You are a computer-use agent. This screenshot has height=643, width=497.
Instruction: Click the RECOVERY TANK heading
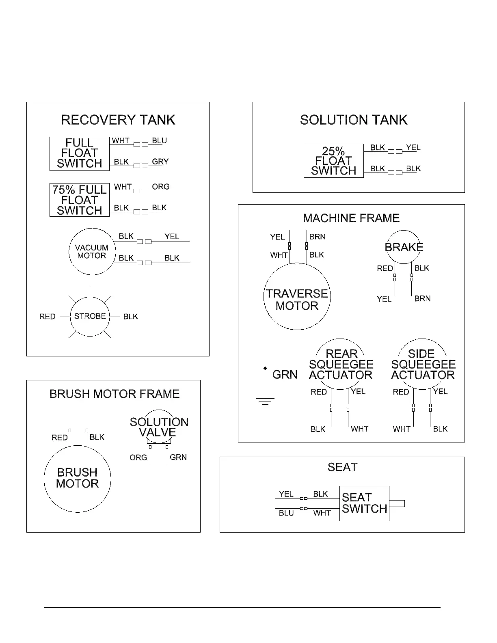[x=118, y=120]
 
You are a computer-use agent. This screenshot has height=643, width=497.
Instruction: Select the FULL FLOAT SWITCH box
[x=80, y=153]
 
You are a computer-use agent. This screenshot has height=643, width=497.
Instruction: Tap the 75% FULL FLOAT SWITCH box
[x=80, y=200]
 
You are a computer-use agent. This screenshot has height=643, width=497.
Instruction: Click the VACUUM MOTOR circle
[x=92, y=252]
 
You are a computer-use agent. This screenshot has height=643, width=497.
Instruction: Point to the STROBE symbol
[x=90, y=316]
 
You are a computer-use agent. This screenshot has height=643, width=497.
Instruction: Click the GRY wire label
[x=160, y=162]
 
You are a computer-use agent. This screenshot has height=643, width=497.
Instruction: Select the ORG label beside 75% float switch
[x=160, y=187]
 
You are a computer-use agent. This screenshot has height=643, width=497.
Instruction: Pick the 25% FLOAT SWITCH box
[x=333, y=161]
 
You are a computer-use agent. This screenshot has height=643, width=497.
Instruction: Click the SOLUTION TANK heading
[x=353, y=120]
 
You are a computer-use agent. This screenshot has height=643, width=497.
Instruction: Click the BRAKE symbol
[x=404, y=247]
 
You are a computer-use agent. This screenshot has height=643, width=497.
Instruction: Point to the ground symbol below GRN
[x=265, y=401]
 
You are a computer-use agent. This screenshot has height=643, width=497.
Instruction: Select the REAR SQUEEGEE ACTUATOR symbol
[x=341, y=365]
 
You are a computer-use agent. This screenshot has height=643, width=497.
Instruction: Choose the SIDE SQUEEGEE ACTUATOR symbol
[x=423, y=365]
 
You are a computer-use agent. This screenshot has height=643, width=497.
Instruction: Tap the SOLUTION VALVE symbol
[x=159, y=427]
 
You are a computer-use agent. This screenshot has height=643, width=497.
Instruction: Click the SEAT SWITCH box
[x=364, y=503]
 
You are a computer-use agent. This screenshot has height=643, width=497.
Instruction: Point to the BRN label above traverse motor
[x=317, y=237]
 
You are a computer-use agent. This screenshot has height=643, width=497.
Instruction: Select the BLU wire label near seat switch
[x=286, y=513]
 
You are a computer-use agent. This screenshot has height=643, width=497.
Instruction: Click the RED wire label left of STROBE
[x=48, y=317]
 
